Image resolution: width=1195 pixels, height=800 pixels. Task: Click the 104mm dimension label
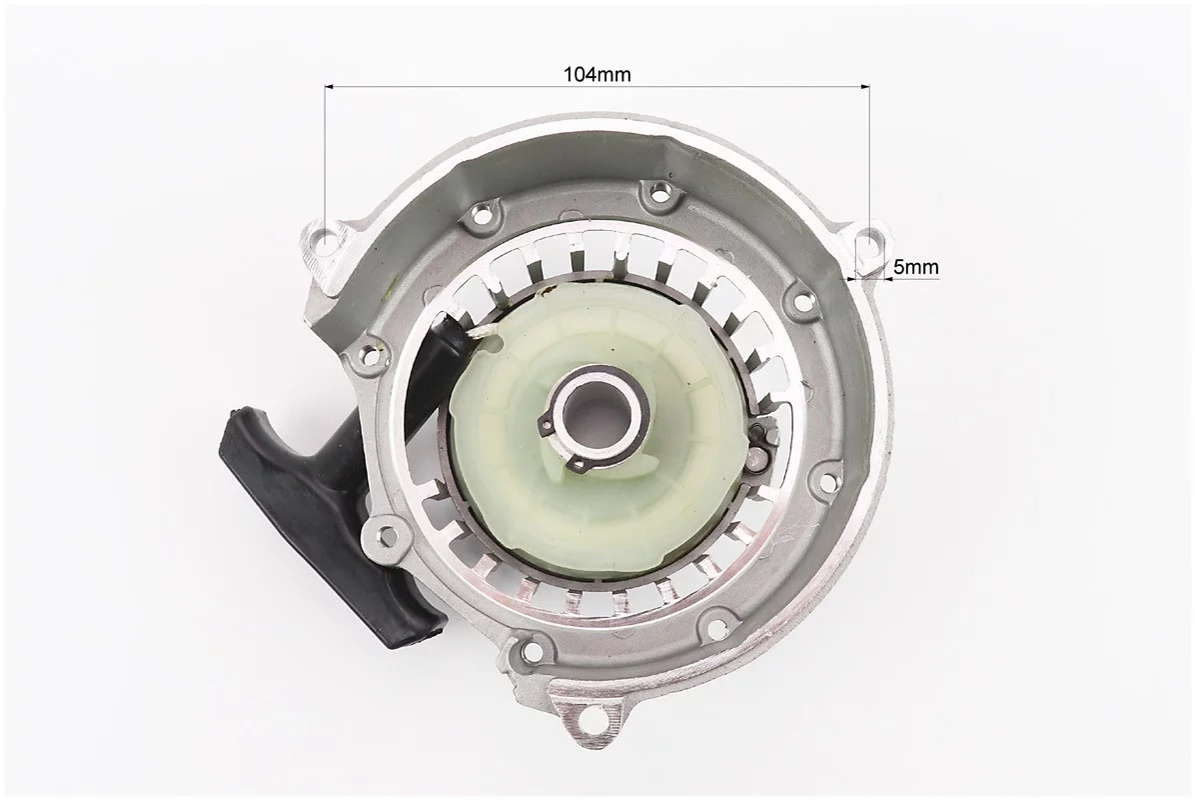pyautogui.click(x=597, y=74)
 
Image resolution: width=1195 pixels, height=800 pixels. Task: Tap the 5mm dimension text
pyautogui.click(x=915, y=267)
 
